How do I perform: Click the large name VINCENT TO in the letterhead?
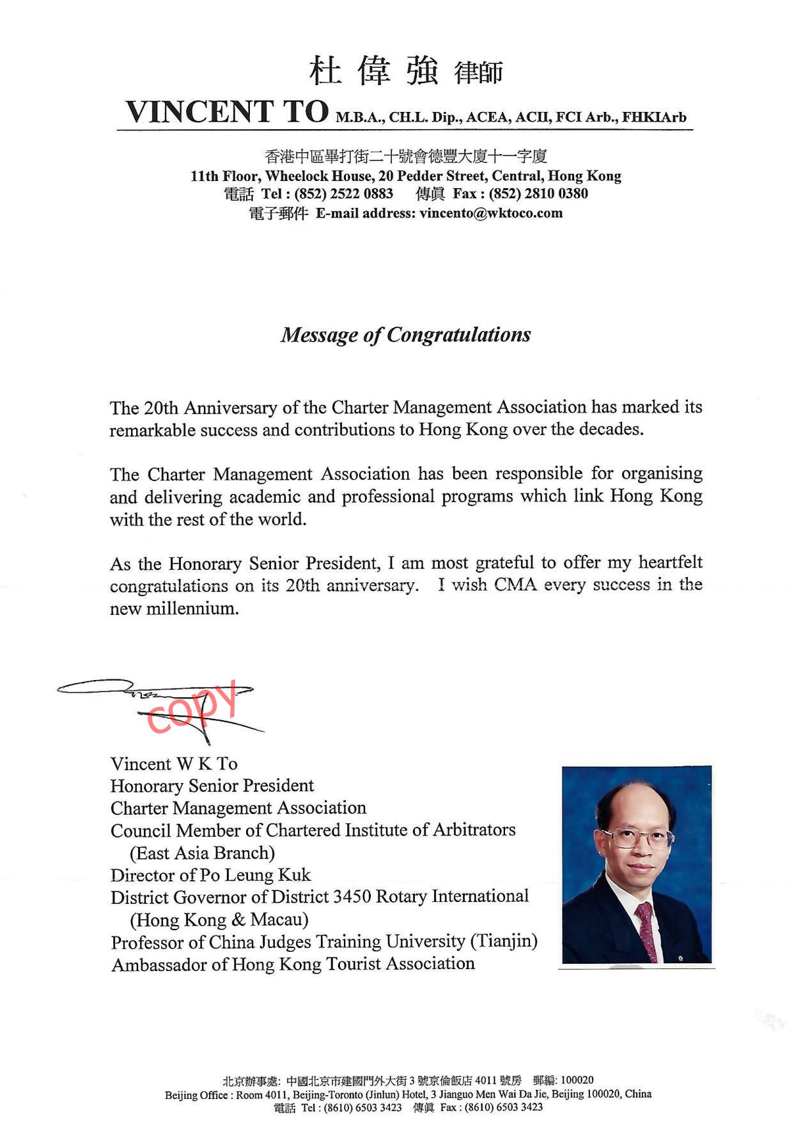coord(227,111)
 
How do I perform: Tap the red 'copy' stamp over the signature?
coord(192,707)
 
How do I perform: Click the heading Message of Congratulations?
coord(405,335)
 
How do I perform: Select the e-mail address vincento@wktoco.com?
coord(490,213)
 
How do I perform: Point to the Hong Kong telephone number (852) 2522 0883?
coord(343,194)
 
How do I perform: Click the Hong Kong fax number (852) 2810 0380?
coord(538,194)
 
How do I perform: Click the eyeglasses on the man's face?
coord(637,837)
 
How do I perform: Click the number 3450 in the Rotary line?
coord(352,897)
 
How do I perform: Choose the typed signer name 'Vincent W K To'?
coord(174,764)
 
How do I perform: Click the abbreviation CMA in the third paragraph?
coord(515,585)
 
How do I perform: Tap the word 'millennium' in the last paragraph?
coord(192,608)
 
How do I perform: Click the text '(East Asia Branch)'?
coord(202,853)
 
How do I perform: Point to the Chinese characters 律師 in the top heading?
coord(478,72)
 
